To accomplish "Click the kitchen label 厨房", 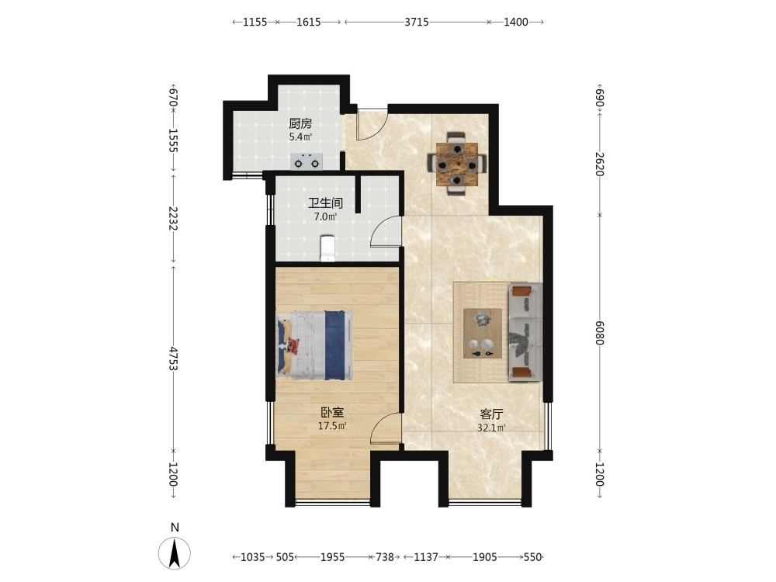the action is click(300, 123).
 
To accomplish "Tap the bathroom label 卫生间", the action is click(325, 203).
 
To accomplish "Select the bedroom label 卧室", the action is click(331, 412).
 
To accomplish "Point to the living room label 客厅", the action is click(491, 414).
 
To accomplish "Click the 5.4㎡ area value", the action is click(300, 137).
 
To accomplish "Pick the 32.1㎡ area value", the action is click(491, 428).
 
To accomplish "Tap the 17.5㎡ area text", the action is click(331, 425).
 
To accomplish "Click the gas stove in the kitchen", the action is click(307, 162).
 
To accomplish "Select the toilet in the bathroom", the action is click(327, 248).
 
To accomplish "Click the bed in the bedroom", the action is click(315, 345).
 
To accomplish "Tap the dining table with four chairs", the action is click(457, 164).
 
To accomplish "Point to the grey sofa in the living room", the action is click(525, 333).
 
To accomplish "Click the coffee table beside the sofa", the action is click(483, 333).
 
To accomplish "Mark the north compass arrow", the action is click(174, 553).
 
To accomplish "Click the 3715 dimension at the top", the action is click(416, 22).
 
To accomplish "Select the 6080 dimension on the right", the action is click(599, 333).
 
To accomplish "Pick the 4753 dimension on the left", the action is click(173, 359).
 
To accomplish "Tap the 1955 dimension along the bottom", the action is click(332, 557).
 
